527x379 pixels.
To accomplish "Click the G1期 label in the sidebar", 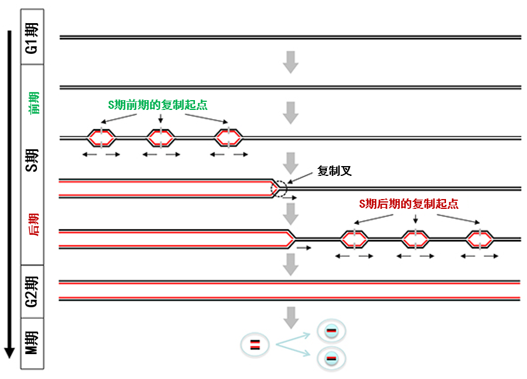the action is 32,38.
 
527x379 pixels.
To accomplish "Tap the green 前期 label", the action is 34,103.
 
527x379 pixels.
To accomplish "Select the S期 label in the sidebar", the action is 32,160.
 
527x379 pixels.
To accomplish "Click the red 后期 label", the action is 34,225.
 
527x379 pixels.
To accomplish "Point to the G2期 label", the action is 32,292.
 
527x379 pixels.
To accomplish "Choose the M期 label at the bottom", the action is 32,343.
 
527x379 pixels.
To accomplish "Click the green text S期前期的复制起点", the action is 157,105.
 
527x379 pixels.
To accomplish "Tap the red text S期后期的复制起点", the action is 408,204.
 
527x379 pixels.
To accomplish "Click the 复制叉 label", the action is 334,171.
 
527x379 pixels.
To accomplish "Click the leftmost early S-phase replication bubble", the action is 101,138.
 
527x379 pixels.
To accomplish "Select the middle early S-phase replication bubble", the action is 161,138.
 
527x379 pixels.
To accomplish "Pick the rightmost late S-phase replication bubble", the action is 480,240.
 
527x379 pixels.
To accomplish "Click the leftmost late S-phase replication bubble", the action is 354,240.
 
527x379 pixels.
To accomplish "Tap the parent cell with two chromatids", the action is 255,345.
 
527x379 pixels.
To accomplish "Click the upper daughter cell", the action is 331,331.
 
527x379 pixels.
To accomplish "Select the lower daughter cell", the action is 331,359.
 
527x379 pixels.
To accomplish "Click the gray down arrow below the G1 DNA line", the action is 291,62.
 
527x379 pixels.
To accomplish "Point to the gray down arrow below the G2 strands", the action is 291,318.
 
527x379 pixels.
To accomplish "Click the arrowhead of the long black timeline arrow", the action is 9,352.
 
